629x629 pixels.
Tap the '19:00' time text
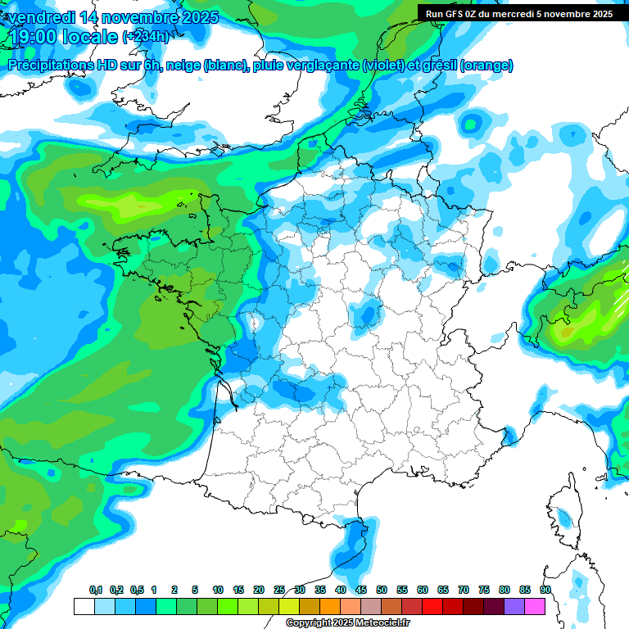tap(33, 37)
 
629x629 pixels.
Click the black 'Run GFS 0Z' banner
tap(518, 13)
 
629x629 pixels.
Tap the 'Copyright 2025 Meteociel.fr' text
tap(348, 623)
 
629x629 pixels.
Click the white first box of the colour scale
tap(84, 606)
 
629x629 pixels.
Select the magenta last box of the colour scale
tap(534, 606)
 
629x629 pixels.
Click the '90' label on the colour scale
tap(545, 591)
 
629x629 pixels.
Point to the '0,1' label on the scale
tap(95, 591)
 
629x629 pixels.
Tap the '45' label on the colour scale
tap(361, 591)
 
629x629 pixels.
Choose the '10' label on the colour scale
tap(218, 591)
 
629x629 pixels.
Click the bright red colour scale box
tap(432, 606)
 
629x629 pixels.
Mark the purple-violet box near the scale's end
tap(514, 606)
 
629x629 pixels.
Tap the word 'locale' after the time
tap(89, 37)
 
